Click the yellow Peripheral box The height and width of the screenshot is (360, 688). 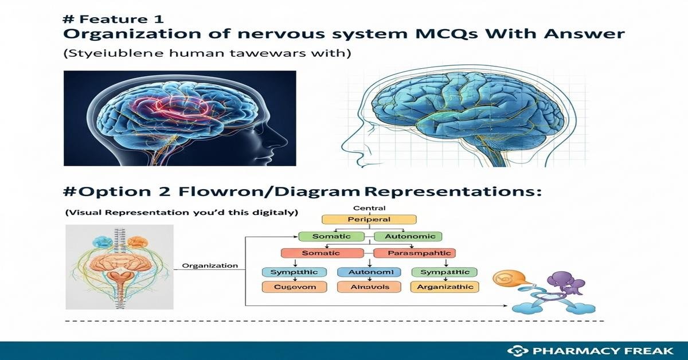[369, 219]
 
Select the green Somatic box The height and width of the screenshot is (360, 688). [331, 236]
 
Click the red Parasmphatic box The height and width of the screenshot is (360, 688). [413, 253]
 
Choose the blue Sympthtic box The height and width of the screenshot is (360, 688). [294, 272]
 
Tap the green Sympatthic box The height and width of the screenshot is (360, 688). [445, 272]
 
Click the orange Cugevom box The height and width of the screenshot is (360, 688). [294, 287]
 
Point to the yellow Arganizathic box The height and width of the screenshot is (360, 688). [445, 287]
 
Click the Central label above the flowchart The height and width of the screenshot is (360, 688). [369, 208]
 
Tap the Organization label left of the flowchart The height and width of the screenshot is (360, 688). [209, 265]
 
